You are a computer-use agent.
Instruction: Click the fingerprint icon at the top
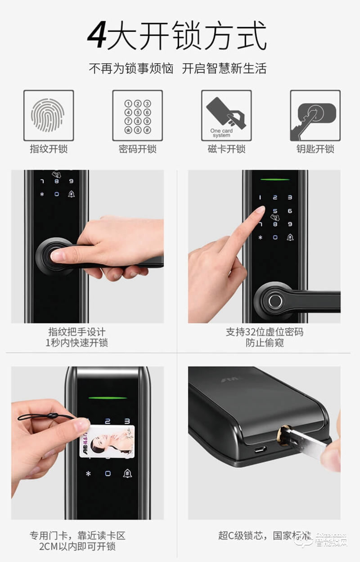coord(49,116)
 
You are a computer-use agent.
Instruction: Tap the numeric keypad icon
coord(137,116)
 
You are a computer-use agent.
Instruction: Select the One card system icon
coord(226,116)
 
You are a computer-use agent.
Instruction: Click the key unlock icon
coord(315,116)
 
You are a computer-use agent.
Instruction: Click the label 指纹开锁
coord(49,149)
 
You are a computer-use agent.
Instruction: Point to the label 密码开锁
coord(137,149)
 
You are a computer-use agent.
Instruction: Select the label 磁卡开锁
coord(226,149)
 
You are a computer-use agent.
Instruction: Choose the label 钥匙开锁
coord(315,149)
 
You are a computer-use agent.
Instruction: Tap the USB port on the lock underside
coord(261,449)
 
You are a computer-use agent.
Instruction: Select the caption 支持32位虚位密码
coord(264,332)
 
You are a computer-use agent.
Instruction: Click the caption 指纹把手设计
coord(76,332)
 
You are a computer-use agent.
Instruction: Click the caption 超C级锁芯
coord(243,535)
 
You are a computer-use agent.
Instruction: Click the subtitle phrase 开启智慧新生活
coord(224,69)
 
